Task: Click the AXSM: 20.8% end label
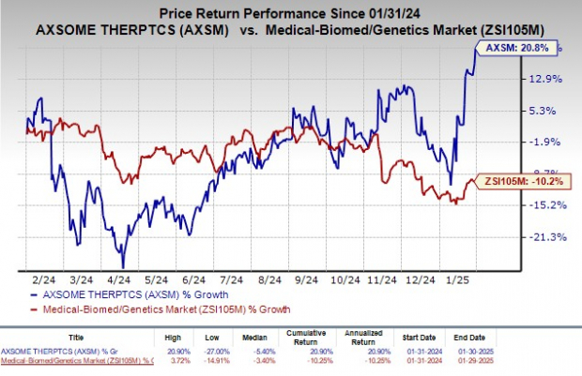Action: (x=528, y=44)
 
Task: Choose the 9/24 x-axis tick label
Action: (x=303, y=279)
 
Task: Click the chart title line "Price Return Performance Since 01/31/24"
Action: (x=287, y=13)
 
